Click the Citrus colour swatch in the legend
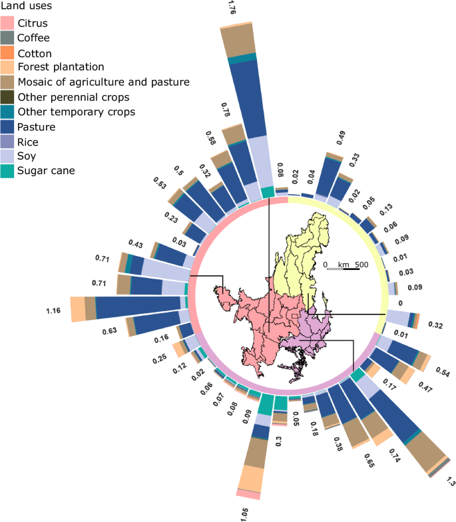pyautogui.click(x=8, y=23)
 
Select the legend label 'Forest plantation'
pyautogui.click(x=61, y=67)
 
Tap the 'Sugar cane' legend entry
pyautogui.click(x=46, y=171)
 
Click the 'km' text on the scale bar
pyautogui.click(x=343, y=265)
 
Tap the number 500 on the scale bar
pyautogui.click(x=361, y=265)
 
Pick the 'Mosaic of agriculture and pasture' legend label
pyautogui.click(x=104, y=82)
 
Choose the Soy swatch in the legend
pyautogui.click(x=8, y=156)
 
